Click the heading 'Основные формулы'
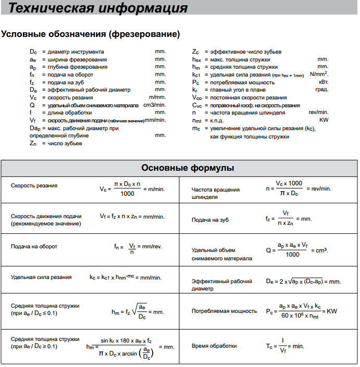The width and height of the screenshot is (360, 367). click(x=188, y=168)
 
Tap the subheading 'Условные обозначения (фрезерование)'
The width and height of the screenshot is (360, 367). click(x=91, y=34)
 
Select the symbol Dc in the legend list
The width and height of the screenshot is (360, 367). click(x=33, y=52)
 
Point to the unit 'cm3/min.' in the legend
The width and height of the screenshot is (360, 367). click(x=154, y=105)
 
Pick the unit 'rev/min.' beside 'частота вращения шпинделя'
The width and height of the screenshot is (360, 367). click(x=318, y=112)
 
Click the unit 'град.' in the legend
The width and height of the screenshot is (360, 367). click(x=322, y=90)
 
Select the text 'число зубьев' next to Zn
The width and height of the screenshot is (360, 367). click(x=65, y=143)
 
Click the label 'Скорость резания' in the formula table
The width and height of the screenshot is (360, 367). click(x=34, y=186)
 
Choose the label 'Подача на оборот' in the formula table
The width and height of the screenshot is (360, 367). click(x=34, y=246)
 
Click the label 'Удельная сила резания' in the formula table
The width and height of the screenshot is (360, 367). click(x=41, y=277)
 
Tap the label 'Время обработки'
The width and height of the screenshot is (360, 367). click(x=214, y=346)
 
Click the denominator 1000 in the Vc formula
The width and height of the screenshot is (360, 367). click(x=127, y=194)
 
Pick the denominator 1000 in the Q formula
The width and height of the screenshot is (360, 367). click(x=292, y=255)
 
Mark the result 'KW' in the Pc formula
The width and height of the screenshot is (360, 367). click(x=332, y=311)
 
